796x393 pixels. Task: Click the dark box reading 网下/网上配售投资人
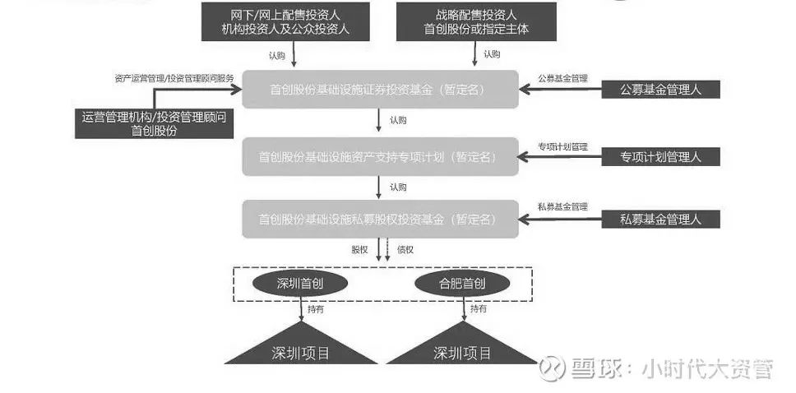pos(286,21)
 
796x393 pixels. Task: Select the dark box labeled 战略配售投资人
pos(476,21)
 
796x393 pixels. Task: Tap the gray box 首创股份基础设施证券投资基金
pos(379,89)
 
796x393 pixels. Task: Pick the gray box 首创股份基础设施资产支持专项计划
pos(379,155)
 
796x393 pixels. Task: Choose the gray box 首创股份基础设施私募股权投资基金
pos(379,220)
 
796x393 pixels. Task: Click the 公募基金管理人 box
pos(661,89)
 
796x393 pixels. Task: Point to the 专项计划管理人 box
pos(661,156)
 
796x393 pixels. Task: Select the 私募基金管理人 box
pos(661,220)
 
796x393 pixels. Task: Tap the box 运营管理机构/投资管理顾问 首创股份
pos(154,123)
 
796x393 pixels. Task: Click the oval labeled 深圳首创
pos(299,284)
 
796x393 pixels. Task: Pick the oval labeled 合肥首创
pos(462,284)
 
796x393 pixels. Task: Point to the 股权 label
pos(359,247)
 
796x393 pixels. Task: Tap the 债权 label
pos(405,247)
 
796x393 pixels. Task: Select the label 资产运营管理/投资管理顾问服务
pos(174,79)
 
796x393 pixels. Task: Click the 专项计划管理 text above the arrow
pos(563,146)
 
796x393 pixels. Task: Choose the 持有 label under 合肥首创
pos(479,309)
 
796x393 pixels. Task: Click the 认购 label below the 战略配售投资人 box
pos(492,54)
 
